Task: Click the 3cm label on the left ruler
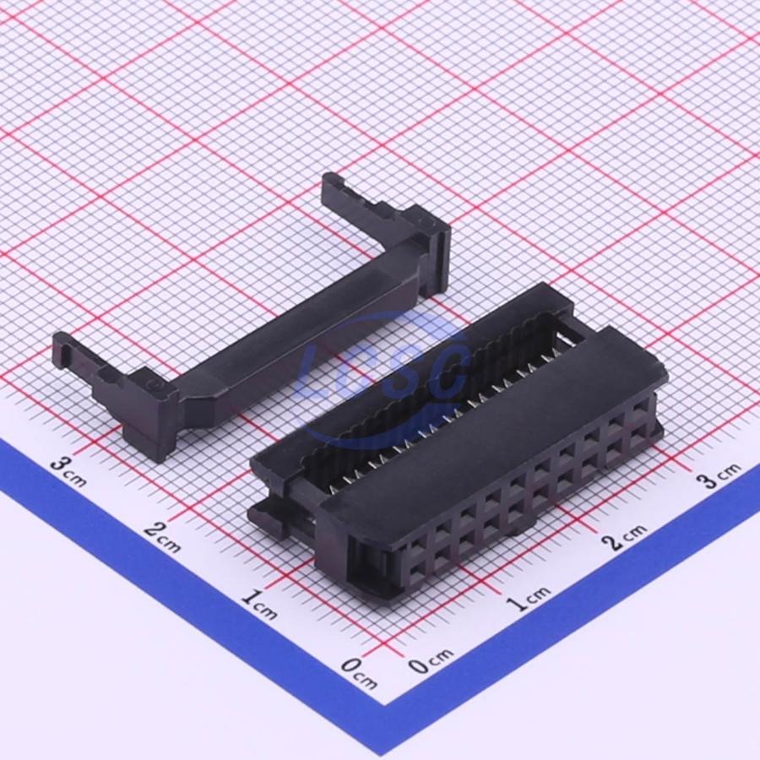[x=69, y=471]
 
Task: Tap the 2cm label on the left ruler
[x=162, y=538]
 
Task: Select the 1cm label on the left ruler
[x=259, y=605]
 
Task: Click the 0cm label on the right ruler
[x=431, y=660]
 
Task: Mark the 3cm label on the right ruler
[x=719, y=474]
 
